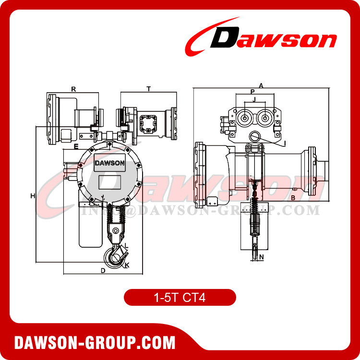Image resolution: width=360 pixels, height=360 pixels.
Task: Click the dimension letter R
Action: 73,89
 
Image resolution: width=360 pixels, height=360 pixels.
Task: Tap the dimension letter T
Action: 148,89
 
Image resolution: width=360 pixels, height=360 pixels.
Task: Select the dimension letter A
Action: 261,85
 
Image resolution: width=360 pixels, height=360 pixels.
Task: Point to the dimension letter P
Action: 252,91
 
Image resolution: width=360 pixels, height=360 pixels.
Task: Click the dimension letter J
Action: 254,99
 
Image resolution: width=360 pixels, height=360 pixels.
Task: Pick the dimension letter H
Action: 33,195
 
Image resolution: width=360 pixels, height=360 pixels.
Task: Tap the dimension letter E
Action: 76,145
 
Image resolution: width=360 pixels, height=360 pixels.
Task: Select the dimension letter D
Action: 103,270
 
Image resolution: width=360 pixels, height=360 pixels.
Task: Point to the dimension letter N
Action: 261,257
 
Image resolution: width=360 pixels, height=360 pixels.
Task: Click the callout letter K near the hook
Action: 127,265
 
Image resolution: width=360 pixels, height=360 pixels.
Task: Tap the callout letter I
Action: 285,143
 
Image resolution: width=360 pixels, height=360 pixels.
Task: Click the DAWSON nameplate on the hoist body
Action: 110,162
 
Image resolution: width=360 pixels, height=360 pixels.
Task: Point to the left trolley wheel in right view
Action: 244,118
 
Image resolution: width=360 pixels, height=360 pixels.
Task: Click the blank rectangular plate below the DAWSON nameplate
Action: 110,182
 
